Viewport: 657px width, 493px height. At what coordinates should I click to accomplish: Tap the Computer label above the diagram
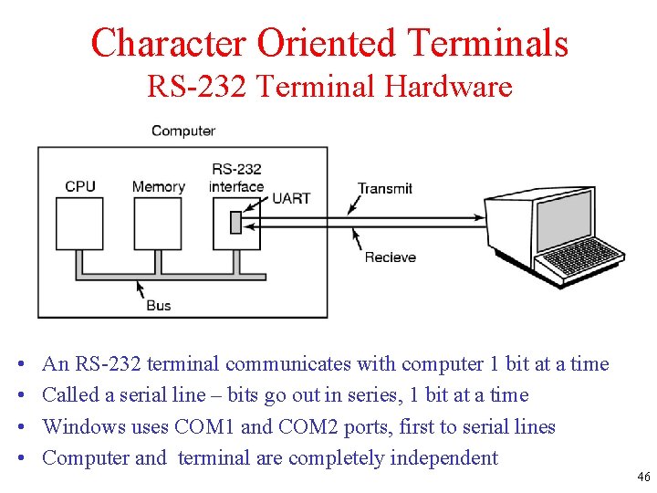click(x=183, y=131)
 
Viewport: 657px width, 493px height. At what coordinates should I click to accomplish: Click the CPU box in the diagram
click(x=80, y=224)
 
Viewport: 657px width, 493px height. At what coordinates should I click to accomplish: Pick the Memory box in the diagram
click(x=158, y=224)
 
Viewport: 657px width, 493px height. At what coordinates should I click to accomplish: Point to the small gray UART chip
click(x=235, y=222)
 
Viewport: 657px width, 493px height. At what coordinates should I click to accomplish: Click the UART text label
click(x=291, y=197)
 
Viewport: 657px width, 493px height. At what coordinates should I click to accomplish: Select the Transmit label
click(x=385, y=188)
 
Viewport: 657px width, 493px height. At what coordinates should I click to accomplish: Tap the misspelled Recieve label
click(x=391, y=257)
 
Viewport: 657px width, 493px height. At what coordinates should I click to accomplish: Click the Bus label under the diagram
click(x=159, y=305)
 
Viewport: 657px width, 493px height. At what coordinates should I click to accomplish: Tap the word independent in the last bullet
click(x=443, y=457)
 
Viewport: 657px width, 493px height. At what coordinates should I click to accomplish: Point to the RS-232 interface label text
click(x=236, y=178)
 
